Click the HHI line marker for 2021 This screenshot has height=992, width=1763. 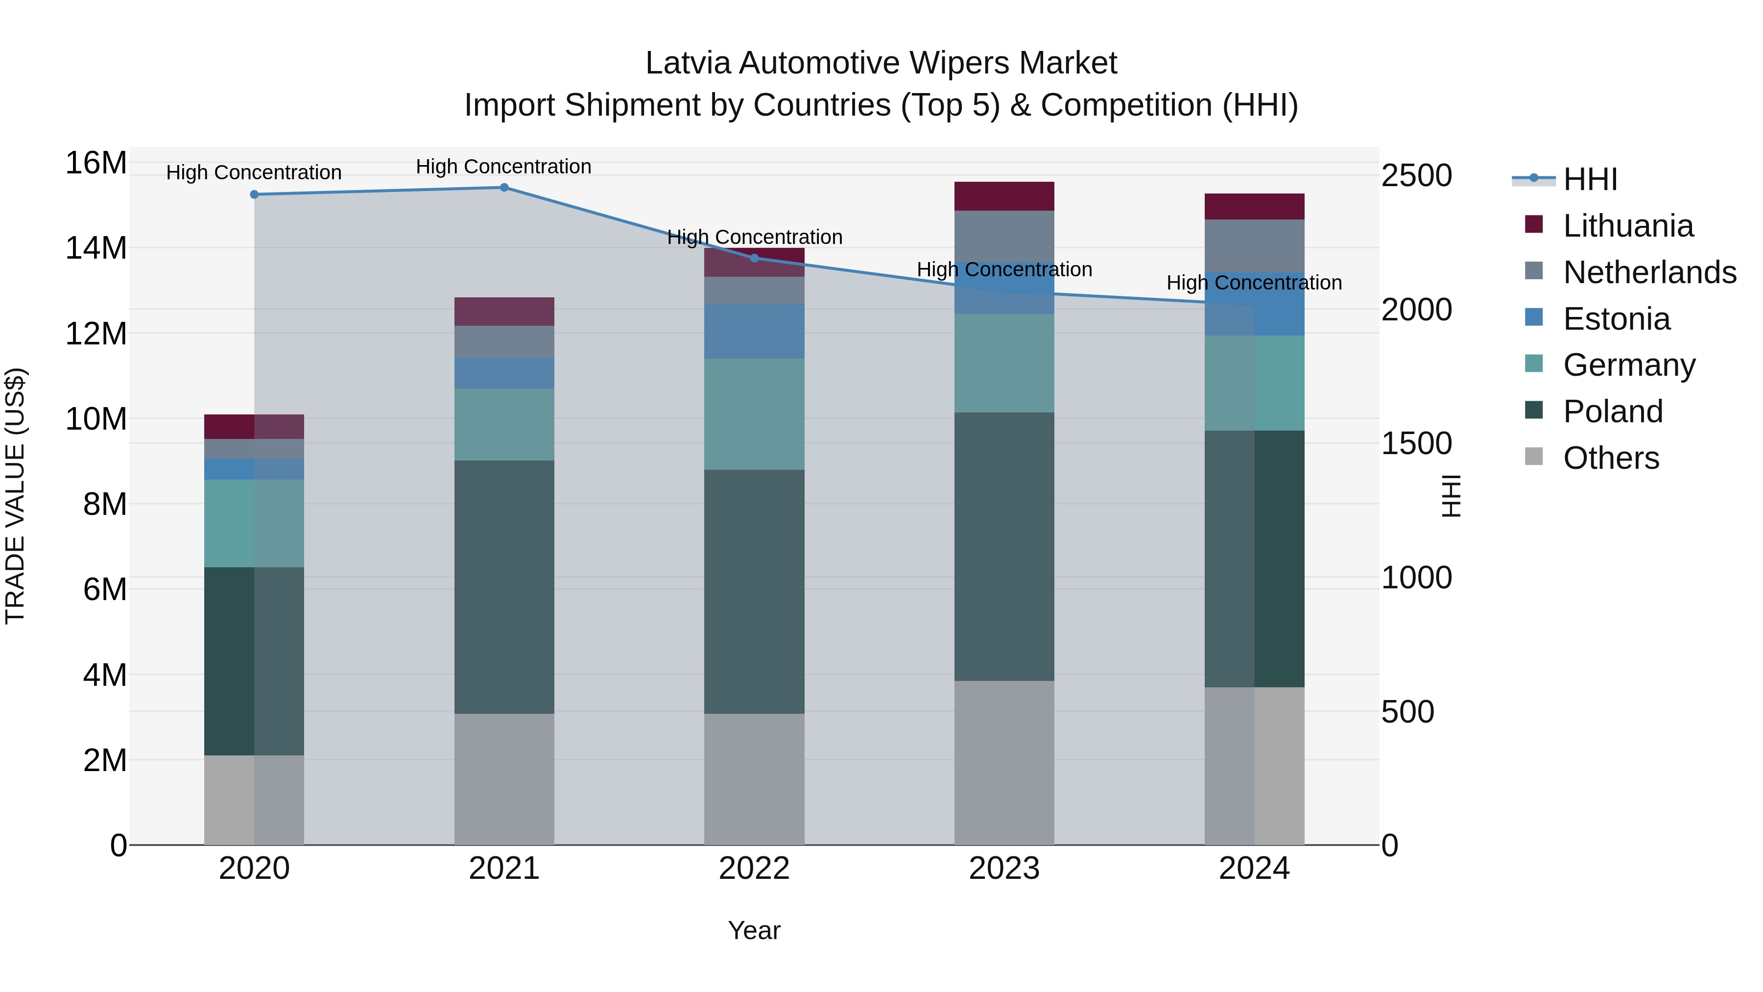[504, 188]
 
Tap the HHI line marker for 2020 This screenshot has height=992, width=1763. [254, 194]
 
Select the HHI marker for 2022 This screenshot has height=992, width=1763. [754, 258]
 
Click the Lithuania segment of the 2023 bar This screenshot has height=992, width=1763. [1004, 196]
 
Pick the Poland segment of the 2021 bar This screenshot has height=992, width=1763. [504, 587]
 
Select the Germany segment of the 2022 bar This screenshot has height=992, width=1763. [754, 413]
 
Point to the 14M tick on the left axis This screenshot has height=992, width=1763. [96, 248]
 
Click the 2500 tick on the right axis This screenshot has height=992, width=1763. [1416, 175]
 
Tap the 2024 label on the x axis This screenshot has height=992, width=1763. [1254, 869]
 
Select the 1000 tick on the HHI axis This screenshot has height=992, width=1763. [1416, 578]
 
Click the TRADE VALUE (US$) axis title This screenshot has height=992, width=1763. [15, 496]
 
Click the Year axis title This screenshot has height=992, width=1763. [754, 930]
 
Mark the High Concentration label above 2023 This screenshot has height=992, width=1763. [1004, 270]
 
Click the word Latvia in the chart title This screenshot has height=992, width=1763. [689, 63]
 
